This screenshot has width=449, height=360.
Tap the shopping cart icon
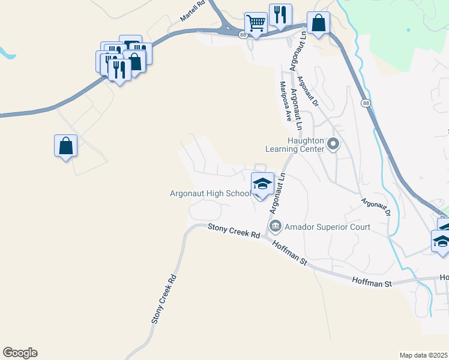256,23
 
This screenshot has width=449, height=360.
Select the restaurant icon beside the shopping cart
280,15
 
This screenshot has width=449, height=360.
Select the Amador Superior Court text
327,227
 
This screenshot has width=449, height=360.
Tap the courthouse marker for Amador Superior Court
276,227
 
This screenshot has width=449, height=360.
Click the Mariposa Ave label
286,101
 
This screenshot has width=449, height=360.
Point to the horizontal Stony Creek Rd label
234,231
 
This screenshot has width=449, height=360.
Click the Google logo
20,353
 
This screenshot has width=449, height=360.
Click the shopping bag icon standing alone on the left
65,146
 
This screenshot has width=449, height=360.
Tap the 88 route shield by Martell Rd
242,35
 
